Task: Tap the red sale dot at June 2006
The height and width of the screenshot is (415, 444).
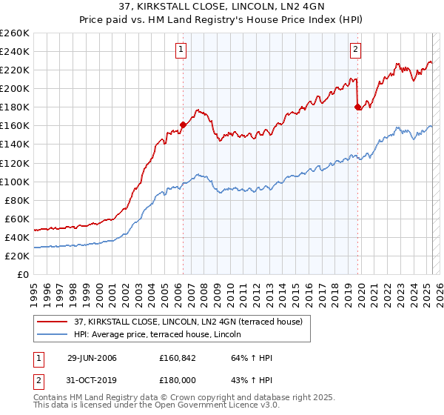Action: click(183, 124)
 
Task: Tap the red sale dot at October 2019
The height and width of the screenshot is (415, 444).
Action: click(358, 107)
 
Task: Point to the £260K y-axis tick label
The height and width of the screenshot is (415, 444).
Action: click(14, 33)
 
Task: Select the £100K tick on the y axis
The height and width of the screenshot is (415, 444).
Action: click(14, 182)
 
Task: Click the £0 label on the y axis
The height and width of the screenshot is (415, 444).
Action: click(22, 274)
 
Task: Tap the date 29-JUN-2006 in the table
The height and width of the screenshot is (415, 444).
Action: click(92, 359)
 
